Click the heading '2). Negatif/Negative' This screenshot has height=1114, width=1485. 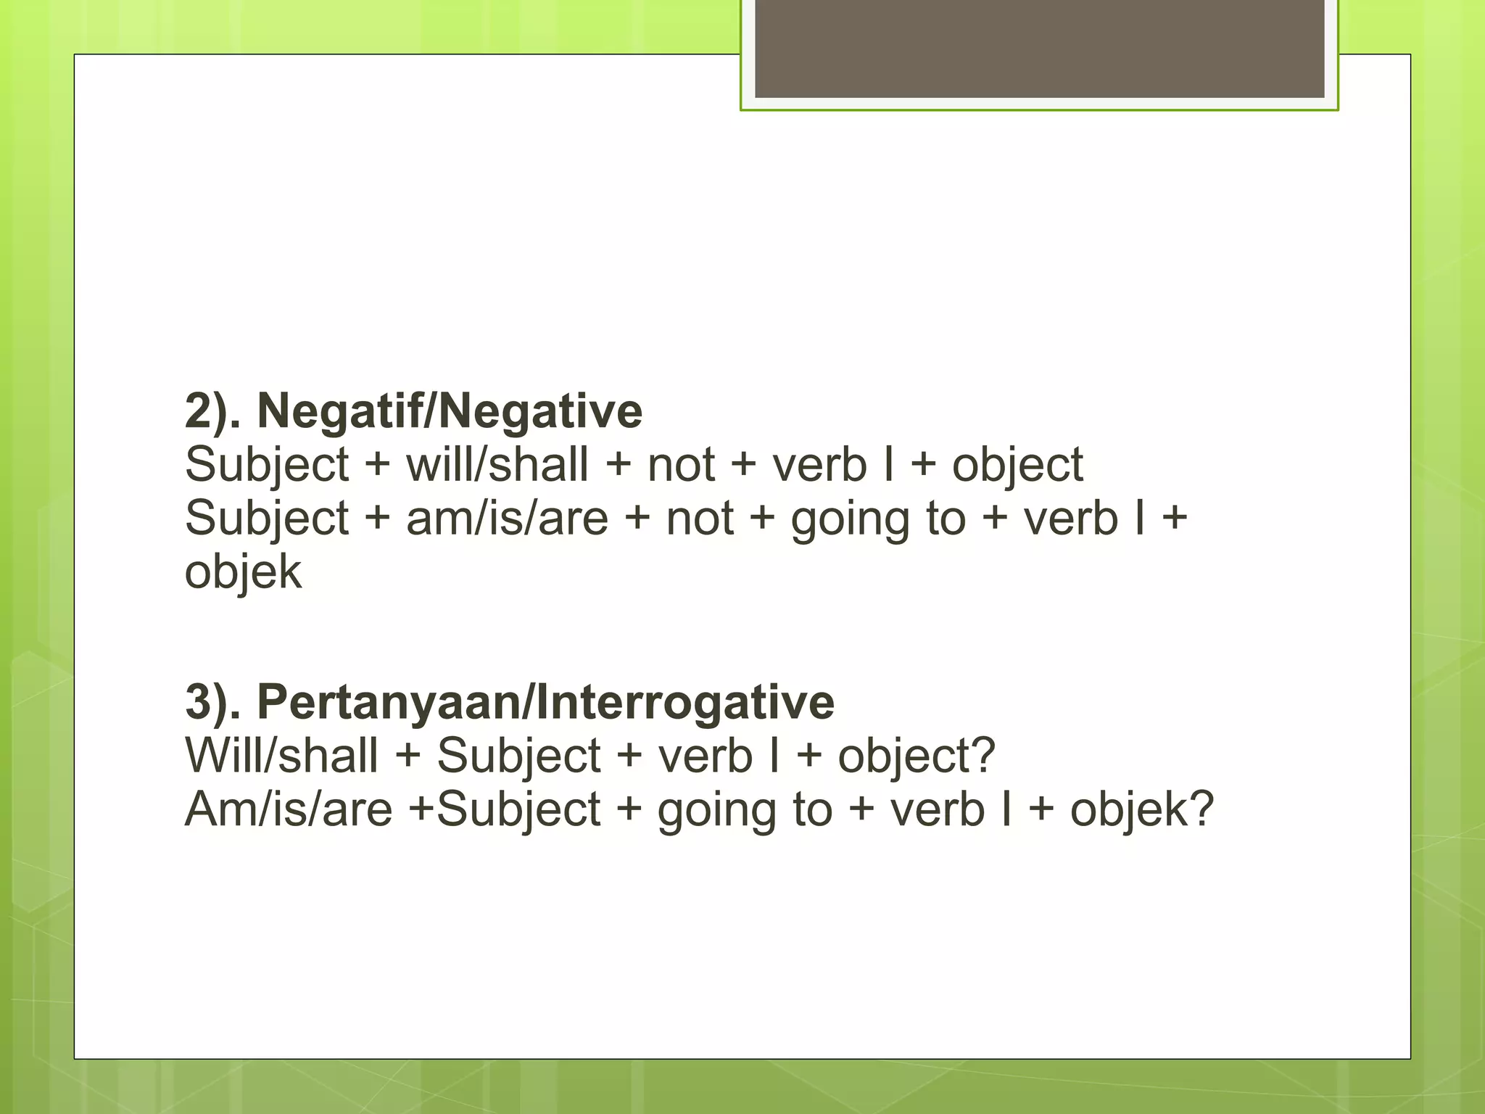tap(413, 411)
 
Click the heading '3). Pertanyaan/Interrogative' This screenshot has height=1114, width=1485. tap(510, 702)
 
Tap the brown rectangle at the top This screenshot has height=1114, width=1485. tap(1039, 48)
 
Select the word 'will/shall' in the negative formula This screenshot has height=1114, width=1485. tap(497, 465)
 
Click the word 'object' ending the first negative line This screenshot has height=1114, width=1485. tap(1017, 465)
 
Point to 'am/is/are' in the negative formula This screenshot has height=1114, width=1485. tap(507, 519)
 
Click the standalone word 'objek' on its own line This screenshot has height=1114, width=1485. tap(243, 572)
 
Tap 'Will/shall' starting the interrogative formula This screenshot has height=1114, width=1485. tap(281, 756)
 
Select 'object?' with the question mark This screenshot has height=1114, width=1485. tap(917, 756)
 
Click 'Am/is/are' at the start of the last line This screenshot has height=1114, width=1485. tap(288, 809)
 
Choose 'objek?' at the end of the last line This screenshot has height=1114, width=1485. tap(1141, 809)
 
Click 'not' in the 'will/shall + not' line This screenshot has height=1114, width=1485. tap(681, 465)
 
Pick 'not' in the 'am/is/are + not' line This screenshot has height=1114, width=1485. tap(700, 519)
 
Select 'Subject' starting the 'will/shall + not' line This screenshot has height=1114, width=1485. tap(267, 465)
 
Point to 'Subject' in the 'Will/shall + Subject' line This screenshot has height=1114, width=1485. tap(518, 756)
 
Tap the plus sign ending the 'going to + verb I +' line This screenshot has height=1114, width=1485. tap(1174, 519)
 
